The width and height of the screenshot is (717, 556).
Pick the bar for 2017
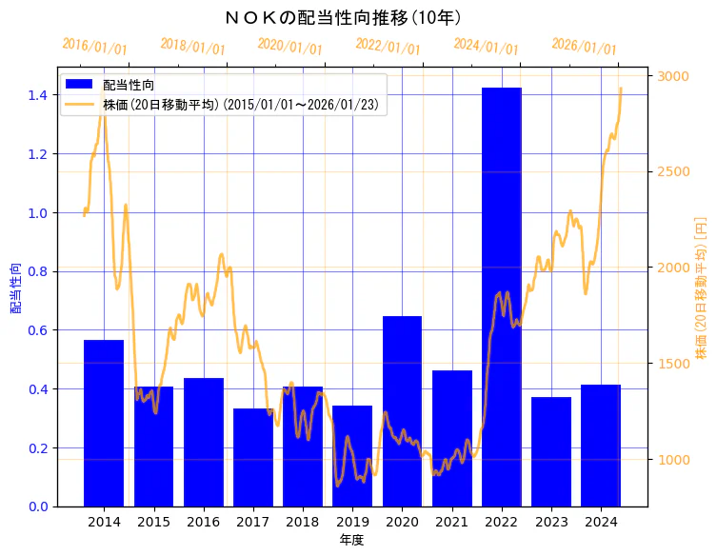[x=252, y=457]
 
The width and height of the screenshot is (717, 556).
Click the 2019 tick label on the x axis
[x=352, y=522]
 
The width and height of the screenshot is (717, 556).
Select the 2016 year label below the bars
[x=203, y=522]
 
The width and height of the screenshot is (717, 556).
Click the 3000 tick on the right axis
[x=675, y=76]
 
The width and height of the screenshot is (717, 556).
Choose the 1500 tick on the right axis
[x=675, y=364]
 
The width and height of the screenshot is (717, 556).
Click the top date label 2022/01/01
[x=388, y=46]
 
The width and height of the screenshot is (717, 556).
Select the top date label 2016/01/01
[x=94, y=46]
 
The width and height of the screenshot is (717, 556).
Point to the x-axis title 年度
[x=351, y=540]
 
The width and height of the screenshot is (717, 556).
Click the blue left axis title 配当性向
[x=15, y=288]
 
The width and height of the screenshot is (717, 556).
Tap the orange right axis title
[x=701, y=288]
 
